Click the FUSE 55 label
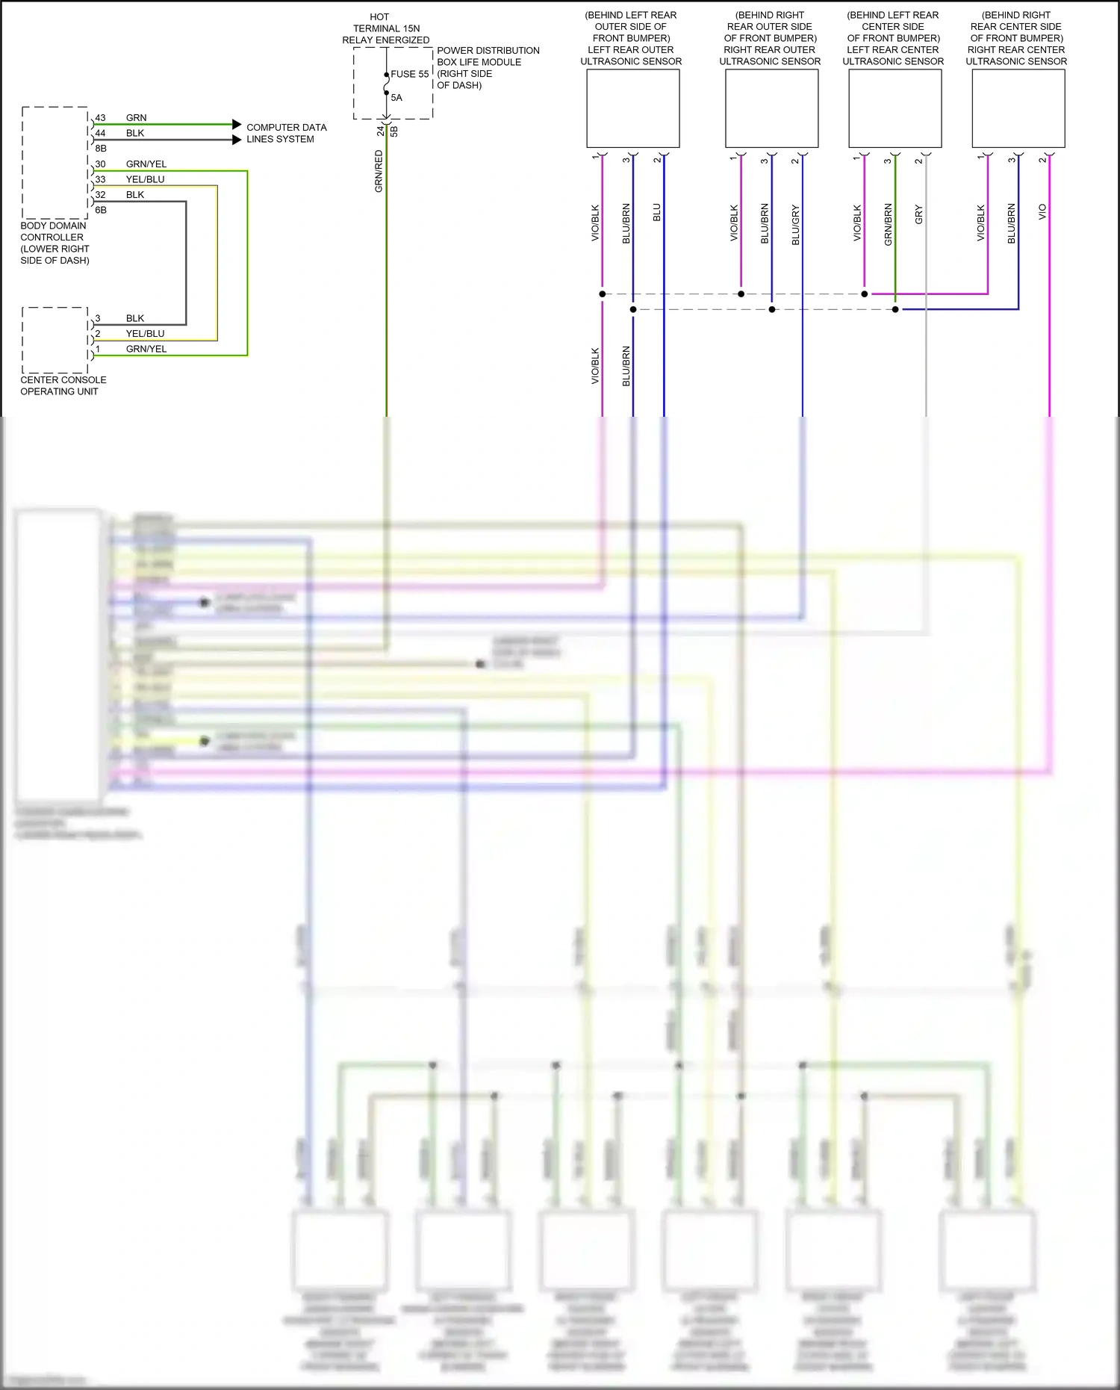tap(409, 74)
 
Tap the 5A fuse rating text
tap(396, 98)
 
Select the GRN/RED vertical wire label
tap(379, 171)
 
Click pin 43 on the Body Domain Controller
tap(100, 118)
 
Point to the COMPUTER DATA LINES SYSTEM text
tap(286, 133)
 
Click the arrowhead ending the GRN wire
tap(237, 124)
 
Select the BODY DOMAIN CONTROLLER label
tap(55, 243)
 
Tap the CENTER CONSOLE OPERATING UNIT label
tap(63, 385)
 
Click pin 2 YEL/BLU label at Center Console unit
tap(145, 334)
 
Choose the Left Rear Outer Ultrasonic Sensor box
tap(632, 108)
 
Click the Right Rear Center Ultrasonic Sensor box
tap(1018, 108)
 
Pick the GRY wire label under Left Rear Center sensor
tap(918, 214)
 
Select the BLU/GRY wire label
tap(795, 225)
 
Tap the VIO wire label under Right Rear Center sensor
tap(1042, 211)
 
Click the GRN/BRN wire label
tap(888, 224)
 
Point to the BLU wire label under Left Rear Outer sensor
tap(657, 212)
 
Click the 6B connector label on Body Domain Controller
tap(101, 210)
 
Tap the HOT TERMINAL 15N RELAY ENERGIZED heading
tap(385, 28)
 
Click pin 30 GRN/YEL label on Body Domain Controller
tap(146, 164)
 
